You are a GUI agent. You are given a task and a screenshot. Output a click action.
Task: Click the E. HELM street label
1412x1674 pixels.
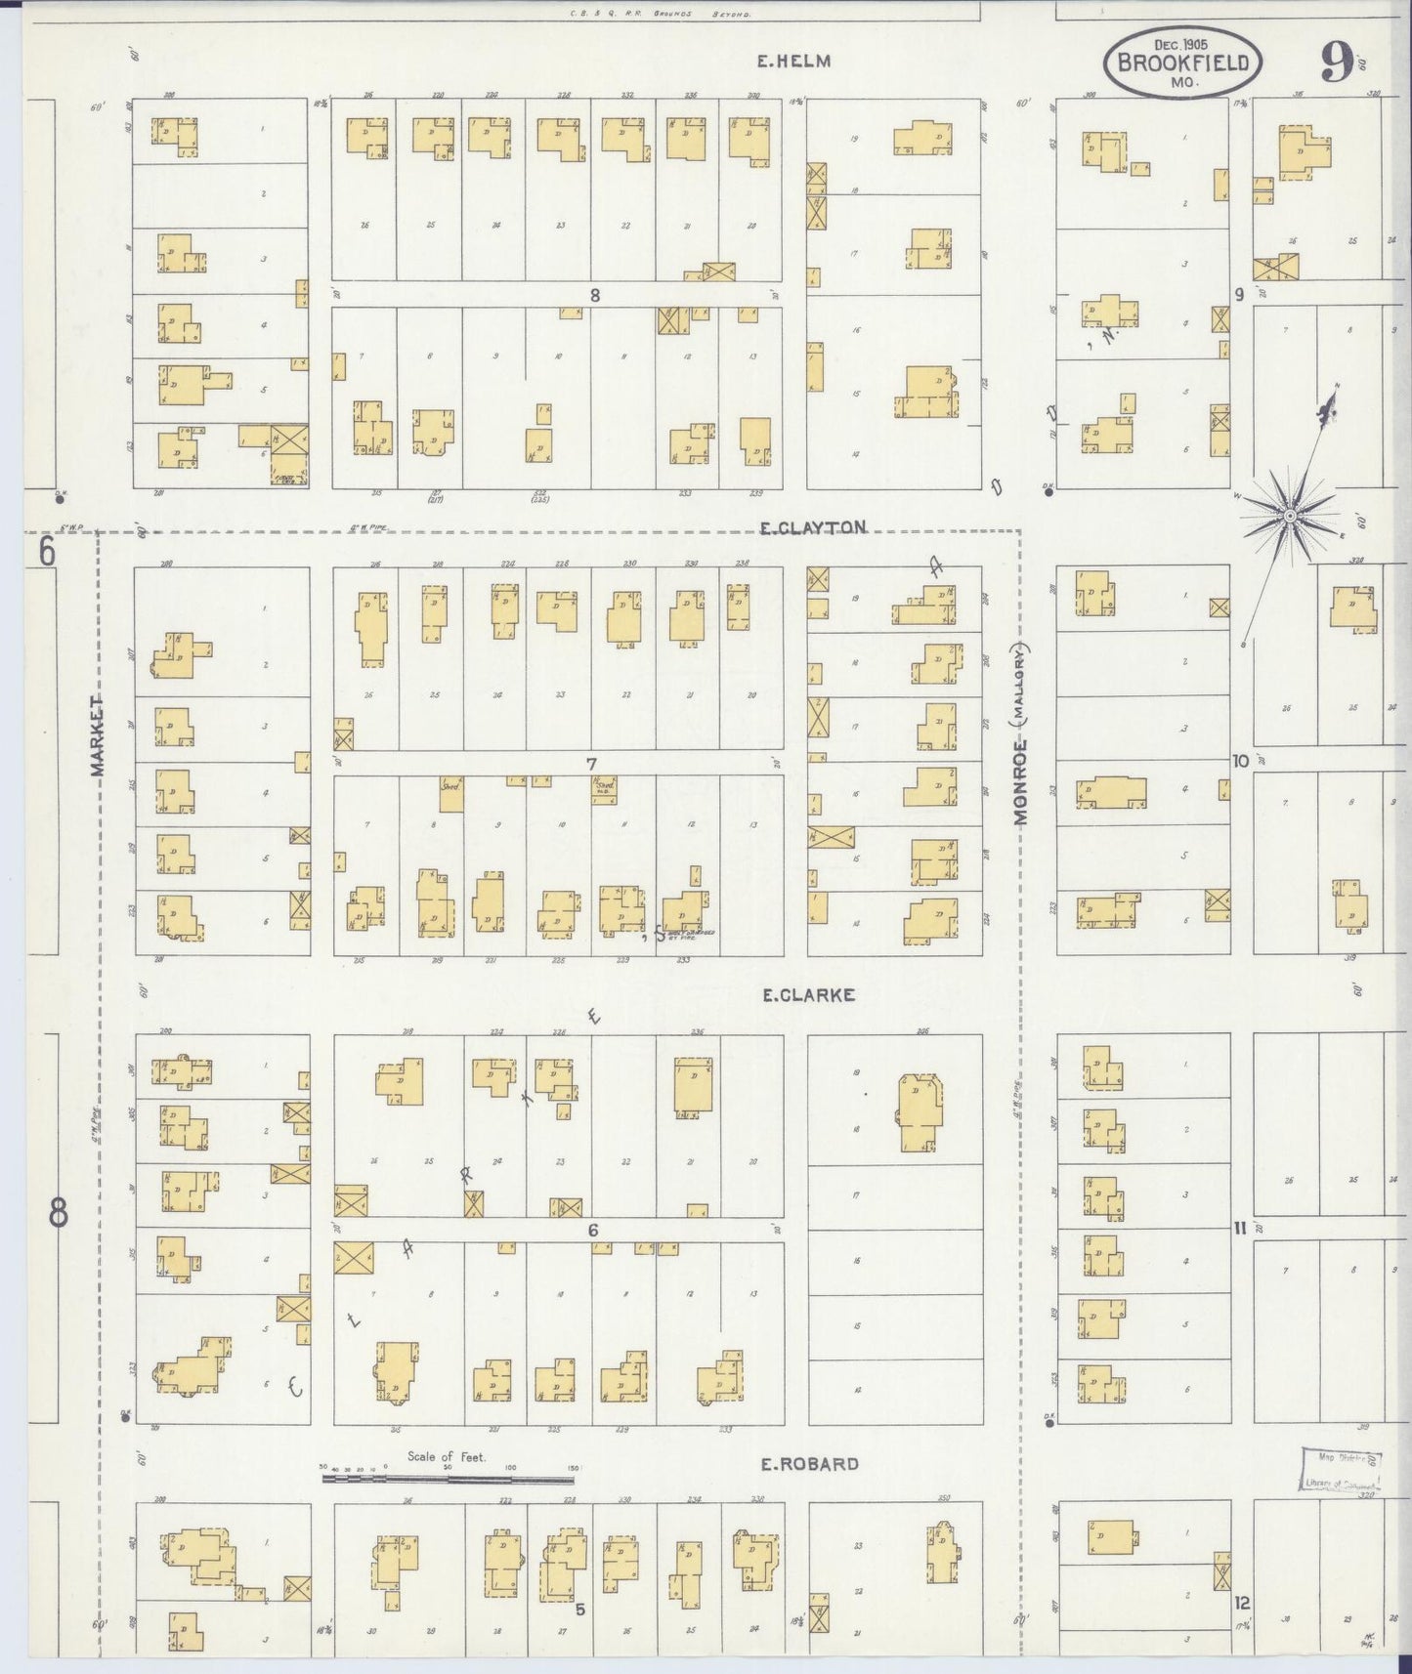(793, 61)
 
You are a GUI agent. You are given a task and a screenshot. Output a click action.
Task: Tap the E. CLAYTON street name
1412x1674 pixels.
(813, 527)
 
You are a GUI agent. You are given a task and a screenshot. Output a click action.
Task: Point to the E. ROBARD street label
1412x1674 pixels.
(810, 1463)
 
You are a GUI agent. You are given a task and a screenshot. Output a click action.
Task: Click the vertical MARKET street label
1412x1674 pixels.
(97, 735)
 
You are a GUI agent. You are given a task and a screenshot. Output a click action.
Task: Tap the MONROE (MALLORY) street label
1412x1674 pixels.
(1021, 734)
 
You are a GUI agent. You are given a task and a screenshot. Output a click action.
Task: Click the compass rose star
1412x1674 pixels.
(1289, 515)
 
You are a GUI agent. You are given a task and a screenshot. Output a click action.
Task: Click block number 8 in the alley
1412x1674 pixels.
(593, 295)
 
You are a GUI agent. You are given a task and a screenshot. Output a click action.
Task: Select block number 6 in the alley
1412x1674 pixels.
(592, 1231)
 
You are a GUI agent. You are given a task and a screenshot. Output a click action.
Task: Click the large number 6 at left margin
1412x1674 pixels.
(47, 553)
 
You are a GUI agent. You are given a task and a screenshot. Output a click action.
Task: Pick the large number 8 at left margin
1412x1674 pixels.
(58, 1214)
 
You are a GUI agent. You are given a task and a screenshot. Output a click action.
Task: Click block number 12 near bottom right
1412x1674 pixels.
(1241, 1603)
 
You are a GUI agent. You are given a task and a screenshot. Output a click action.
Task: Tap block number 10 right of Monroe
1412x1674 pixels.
(1240, 760)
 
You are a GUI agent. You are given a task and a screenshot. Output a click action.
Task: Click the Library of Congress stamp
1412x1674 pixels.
(1341, 1470)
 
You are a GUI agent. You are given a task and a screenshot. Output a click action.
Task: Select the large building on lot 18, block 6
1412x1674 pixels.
(920, 1113)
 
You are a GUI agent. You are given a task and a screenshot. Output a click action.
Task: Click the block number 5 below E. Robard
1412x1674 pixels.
(579, 1610)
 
